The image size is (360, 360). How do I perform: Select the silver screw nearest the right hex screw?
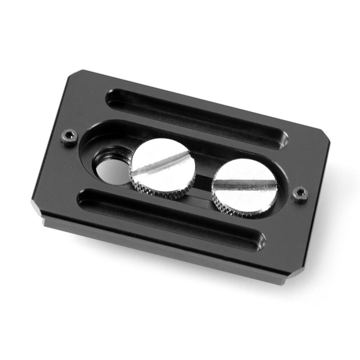pos(244,187)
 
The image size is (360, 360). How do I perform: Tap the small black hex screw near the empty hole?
pos(69,137)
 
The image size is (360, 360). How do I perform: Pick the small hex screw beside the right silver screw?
pos(299,194)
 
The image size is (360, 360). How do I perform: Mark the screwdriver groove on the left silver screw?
pos(163,165)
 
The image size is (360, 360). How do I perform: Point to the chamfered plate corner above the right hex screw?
pos(325,137)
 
